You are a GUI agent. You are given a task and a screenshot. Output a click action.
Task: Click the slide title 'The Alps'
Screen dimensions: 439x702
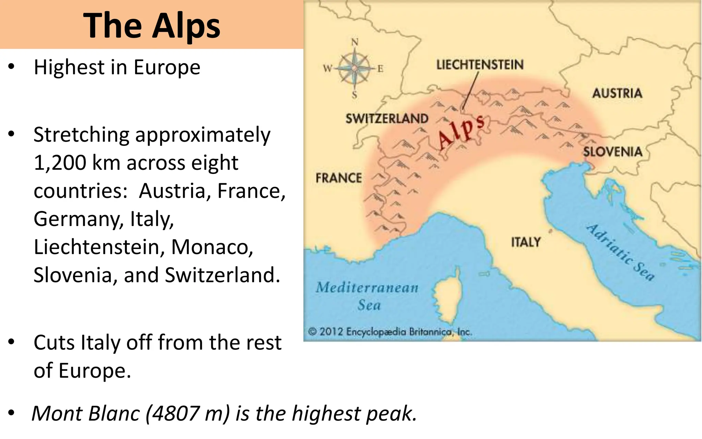[x=152, y=25]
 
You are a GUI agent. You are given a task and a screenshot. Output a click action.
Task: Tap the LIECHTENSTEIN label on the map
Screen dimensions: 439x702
[x=480, y=64]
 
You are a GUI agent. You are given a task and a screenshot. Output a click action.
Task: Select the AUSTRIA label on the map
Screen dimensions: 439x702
[x=617, y=93]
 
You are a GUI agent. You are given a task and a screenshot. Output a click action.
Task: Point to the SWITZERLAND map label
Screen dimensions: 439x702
[x=387, y=119]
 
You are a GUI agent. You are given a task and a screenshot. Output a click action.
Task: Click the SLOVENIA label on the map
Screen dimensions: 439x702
[x=613, y=152]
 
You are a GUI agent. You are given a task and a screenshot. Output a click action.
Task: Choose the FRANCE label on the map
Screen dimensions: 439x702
[x=339, y=178]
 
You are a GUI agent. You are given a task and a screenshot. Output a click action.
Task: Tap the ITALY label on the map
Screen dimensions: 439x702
[x=526, y=242]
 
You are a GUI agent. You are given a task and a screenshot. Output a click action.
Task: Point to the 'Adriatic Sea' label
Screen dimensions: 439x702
[x=620, y=252]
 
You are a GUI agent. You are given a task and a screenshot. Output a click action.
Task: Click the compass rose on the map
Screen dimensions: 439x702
[x=354, y=69]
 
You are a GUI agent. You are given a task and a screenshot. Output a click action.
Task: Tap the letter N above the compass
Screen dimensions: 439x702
[x=355, y=42]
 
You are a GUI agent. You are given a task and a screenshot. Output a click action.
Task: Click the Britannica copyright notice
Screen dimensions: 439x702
[x=390, y=332]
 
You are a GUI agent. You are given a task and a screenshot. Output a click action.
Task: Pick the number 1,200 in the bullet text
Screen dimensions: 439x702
[x=60, y=163]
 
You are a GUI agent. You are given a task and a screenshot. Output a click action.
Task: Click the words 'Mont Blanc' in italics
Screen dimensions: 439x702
[x=86, y=413]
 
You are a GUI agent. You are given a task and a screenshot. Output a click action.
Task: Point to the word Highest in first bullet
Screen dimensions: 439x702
[x=69, y=67]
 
